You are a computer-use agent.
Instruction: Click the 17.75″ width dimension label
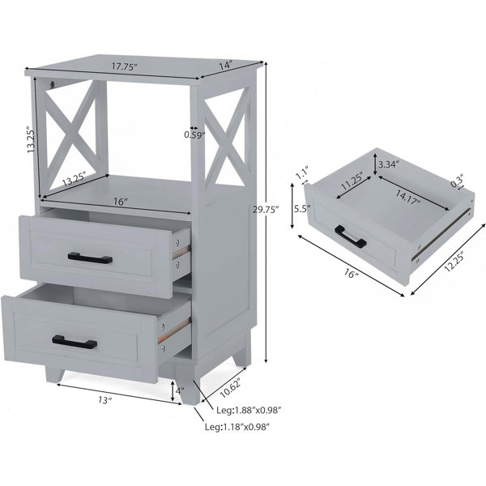coord(124,66)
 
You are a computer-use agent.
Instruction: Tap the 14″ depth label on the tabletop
coord(226,66)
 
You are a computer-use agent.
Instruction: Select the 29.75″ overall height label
coord(266,210)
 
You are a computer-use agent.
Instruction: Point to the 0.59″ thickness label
coord(194,134)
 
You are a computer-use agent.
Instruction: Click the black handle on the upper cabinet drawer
coord(90,258)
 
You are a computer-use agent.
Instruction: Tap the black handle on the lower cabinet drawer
coord(75,342)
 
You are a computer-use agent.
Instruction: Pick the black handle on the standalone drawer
coord(351,237)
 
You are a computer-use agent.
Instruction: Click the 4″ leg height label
coord(180,391)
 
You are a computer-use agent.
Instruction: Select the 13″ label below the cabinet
coord(104,400)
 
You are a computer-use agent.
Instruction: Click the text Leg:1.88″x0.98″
coord(249,411)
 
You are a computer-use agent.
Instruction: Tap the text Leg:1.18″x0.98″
coord(237,427)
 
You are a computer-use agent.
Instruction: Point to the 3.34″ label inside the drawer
coord(389,164)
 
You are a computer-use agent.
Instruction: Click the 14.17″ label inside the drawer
coord(408,197)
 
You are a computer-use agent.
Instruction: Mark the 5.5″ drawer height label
coord(302,209)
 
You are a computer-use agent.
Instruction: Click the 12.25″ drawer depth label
coord(454,262)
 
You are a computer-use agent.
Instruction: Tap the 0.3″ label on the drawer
coord(457,181)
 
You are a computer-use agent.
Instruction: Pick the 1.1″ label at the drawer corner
coord(301,174)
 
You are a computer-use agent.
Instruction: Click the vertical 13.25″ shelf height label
coord(32,139)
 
